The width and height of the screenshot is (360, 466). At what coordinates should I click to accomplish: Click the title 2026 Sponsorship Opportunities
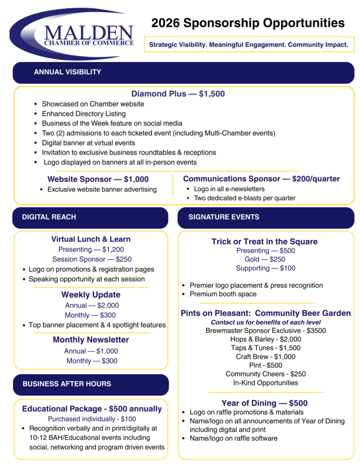(248, 23)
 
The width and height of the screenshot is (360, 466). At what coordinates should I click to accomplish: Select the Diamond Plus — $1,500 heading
(178, 94)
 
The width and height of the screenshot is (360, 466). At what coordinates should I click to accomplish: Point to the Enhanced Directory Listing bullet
(84, 114)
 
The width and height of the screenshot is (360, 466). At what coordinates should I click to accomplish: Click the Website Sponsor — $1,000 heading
(98, 179)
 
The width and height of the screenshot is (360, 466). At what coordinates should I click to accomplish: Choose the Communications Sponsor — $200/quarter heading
(261, 179)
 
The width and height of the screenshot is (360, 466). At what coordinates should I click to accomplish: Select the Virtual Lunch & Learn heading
(91, 239)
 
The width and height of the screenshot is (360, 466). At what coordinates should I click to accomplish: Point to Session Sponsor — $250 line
(91, 259)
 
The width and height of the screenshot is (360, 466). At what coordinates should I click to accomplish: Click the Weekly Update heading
(91, 294)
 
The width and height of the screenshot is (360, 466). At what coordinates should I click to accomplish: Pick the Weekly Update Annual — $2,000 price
(91, 305)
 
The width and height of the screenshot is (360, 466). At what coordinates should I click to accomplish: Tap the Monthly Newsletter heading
(91, 339)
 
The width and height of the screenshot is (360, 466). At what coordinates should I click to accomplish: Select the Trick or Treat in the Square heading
(264, 242)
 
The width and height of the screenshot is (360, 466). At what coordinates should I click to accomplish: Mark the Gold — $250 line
(265, 259)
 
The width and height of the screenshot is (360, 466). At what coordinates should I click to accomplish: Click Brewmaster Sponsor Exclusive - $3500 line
(265, 330)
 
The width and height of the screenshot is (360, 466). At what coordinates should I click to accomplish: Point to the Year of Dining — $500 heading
(264, 403)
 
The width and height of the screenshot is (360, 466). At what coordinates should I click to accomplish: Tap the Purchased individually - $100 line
(92, 419)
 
